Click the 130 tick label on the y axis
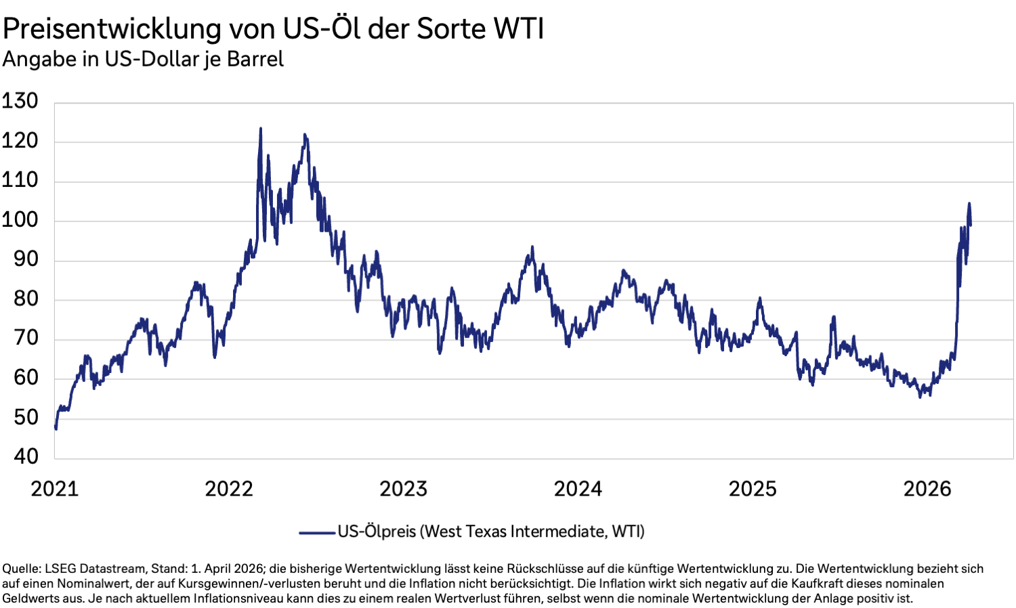(x=20, y=102)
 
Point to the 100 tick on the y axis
(x=20, y=220)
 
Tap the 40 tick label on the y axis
(x=26, y=456)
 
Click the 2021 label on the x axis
(x=54, y=489)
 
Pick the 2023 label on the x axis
(x=403, y=489)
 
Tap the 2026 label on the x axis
(x=927, y=489)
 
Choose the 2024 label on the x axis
(x=578, y=489)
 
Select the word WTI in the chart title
(x=518, y=29)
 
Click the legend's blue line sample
(x=317, y=533)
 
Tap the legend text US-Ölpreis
(x=377, y=532)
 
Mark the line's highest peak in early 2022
(x=261, y=128)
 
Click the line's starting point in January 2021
(x=56, y=428)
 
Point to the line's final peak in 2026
(x=969, y=203)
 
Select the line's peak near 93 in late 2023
(x=532, y=247)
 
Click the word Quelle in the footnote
(x=20, y=569)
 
